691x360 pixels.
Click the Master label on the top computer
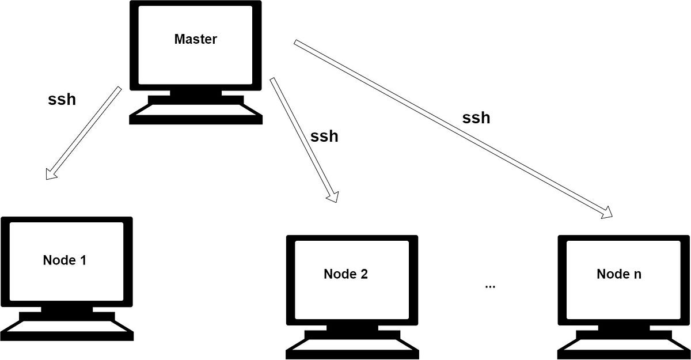coord(195,40)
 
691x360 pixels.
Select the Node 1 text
coord(64,260)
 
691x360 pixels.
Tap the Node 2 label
coord(345,274)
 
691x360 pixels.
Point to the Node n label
coord(619,274)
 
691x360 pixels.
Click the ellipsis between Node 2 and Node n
coord(490,285)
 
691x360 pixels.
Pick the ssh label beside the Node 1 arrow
coord(62,99)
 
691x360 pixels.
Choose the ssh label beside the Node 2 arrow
coord(324,137)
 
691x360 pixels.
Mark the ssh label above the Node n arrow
coord(476,118)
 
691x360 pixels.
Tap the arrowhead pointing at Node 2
coord(332,196)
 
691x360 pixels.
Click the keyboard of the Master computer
coord(196,114)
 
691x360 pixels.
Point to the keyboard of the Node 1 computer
coord(67,330)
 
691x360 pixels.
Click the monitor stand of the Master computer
coord(196,94)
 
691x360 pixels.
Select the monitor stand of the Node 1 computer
coord(67,311)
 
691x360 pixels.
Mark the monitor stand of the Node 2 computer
coord(351,329)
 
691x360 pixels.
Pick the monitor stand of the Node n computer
coord(624,329)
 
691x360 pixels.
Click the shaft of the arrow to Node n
coord(449,127)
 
